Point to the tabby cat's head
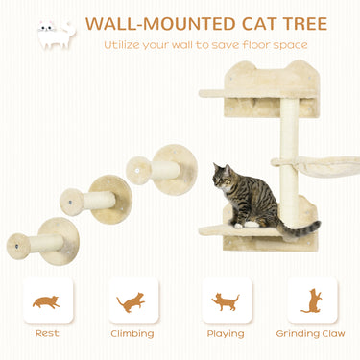tap(224, 176)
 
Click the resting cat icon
tap(45, 301)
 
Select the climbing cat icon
tap(132, 301)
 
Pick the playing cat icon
tap(226, 301)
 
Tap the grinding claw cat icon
tap(312, 300)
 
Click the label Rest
tap(45, 335)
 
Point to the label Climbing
tap(132, 335)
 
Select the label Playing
tap(226, 335)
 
